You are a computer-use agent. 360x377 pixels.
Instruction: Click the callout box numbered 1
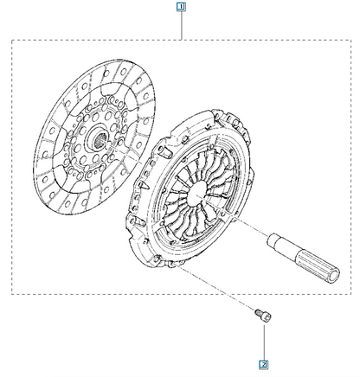181,7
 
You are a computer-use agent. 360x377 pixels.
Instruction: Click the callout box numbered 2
263,365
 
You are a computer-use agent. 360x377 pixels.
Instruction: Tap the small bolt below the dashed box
263,315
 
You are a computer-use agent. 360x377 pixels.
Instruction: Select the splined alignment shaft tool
304,257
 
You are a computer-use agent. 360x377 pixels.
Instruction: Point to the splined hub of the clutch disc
99,137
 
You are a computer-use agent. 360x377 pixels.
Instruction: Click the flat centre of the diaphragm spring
197,192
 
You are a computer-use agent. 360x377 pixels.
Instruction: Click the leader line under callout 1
181,25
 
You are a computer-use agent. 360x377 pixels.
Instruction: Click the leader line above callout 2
264,342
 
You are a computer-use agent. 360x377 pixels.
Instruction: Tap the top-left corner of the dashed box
12,40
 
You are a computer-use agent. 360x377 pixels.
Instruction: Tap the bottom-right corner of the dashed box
351,294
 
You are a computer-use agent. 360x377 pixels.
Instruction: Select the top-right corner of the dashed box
351,40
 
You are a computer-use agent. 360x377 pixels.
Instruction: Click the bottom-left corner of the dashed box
12,294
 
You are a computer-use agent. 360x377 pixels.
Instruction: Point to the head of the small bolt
267,317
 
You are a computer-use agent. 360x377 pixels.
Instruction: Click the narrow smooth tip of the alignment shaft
275,241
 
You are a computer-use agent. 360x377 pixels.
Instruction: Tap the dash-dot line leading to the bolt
215,287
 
